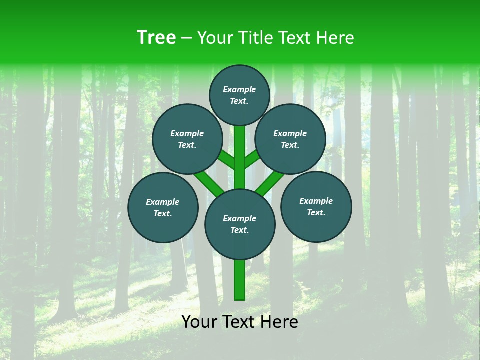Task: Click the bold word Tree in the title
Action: pos(156,37)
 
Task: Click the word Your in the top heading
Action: pos(214,38)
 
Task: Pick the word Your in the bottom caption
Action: pos(199,322)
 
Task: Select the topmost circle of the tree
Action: pos(239,95)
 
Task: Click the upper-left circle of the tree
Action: pos(187,139)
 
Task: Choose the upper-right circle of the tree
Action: pos(290,139)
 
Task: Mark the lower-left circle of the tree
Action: pos(163,207)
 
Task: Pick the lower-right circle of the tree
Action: pos(316,206)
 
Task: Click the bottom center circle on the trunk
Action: pos(240,224)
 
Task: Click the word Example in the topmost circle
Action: pos(239,89)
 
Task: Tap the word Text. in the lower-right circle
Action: pos(316,212)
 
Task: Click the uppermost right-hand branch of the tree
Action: pos(252,158)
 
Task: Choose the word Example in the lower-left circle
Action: pos(162,202)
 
